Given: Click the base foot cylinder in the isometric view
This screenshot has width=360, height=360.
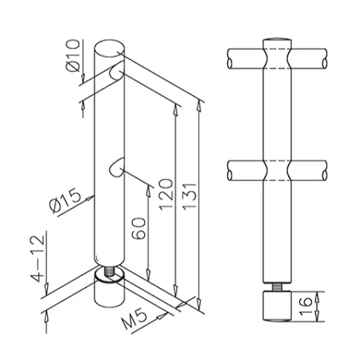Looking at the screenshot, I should pos(107,294).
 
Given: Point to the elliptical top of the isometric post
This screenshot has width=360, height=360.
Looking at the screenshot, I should pos(109,48).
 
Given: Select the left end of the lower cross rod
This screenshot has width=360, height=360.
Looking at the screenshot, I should pos(231,169).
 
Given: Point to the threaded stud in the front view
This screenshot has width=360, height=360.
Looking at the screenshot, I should pos(275,286).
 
